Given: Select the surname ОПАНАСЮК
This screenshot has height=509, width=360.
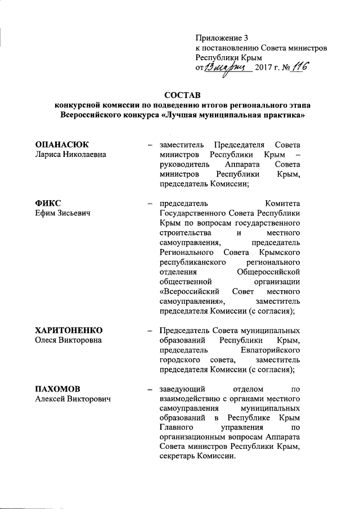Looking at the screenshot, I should (x=62, y=145).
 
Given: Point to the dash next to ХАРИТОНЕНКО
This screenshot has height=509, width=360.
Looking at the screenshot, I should (x=150, y=330).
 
